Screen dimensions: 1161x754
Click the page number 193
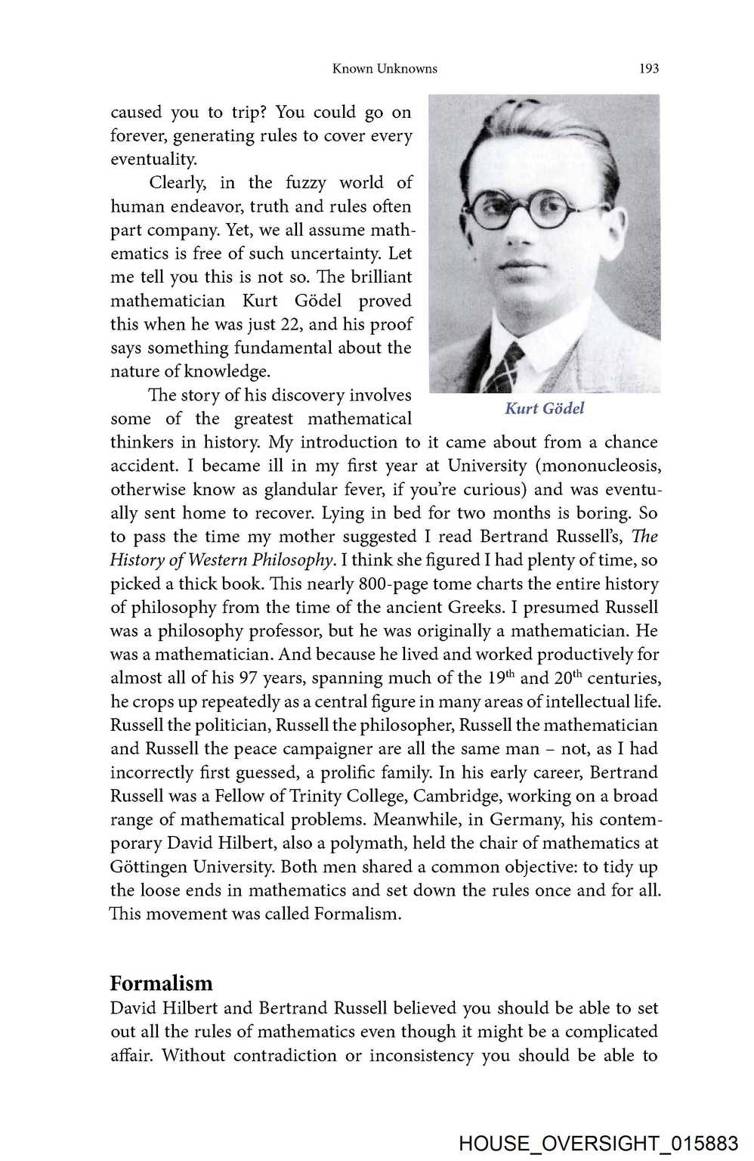point(648,69)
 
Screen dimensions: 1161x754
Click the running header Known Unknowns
point(385,69)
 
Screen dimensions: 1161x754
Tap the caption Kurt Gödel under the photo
point(544,408)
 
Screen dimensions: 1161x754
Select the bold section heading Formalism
point(161,983)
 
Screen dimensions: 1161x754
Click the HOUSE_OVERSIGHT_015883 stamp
point(598,1143)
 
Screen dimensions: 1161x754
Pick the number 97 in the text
point(248,678)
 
